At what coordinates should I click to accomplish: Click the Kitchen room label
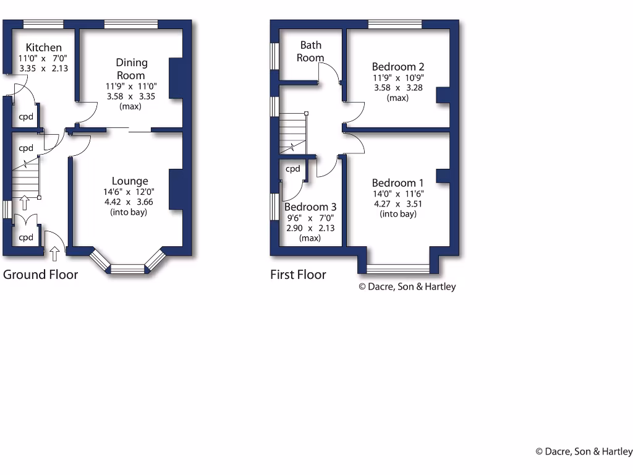(x=43, y=48)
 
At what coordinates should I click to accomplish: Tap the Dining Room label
(x=132, y=69)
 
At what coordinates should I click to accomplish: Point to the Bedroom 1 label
(x=397, y=183)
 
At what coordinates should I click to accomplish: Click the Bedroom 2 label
(x=397, y=67)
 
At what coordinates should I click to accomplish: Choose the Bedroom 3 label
(x=311, y=207)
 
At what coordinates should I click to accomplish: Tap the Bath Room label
(x=310, y=51)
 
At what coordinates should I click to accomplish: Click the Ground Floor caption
(x=41, y=275)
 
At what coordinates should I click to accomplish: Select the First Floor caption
(x=298, y=275)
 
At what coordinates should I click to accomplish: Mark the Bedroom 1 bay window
(x=398, y=268)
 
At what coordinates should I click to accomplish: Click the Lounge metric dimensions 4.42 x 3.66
(x=129, y=202)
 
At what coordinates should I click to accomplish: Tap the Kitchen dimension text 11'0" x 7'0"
(x=43, y=58)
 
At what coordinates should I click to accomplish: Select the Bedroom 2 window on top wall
(x=395, y=24)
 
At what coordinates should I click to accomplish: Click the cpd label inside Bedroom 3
(x=292, y=169)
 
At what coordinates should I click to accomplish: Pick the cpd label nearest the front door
(x=25, y=237)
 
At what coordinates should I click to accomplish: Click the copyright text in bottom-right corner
(x=584, y=451)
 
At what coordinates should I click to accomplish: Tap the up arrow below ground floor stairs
(x=25, y=202)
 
